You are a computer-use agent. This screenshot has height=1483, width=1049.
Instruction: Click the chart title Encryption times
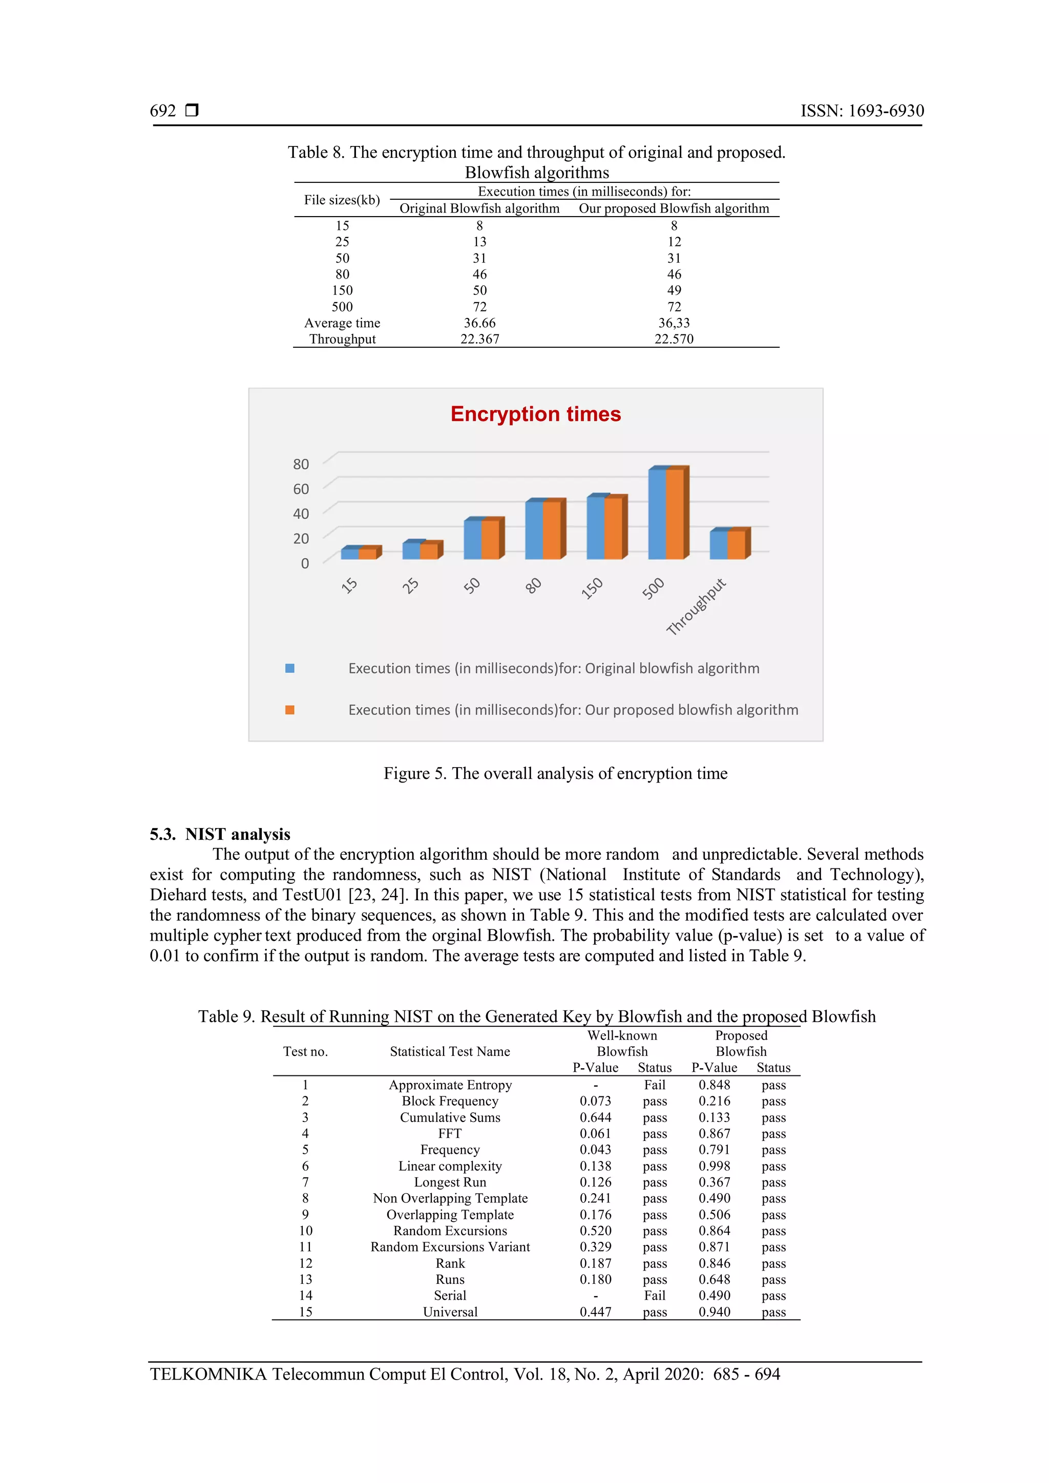tap(535, 414)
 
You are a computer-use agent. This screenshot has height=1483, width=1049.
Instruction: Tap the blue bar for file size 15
tap(349, 554)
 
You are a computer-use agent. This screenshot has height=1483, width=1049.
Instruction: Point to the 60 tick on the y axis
tap(301, 489)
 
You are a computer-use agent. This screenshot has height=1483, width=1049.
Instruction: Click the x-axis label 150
tap(592, 588)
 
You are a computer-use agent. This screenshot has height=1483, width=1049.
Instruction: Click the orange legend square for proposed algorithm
tap(290, 710)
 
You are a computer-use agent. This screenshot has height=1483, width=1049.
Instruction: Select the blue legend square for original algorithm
tap(290, 668)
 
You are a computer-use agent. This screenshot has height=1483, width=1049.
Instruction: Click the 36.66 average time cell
tap(479, 323)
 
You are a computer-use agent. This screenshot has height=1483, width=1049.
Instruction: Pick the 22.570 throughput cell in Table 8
tap(674, 339)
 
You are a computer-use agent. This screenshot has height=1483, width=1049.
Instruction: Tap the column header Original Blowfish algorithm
tap(479, 208)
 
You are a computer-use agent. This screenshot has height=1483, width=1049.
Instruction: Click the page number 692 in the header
tap(163, 111)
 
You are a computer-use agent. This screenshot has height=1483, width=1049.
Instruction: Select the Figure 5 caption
tap(556, 773)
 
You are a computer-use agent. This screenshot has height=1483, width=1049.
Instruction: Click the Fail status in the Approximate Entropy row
tap(654, 1085)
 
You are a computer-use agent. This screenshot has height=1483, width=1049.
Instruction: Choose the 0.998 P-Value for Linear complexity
tap(715, 1166)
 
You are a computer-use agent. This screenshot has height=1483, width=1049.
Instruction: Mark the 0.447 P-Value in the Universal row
tap(595, 1312)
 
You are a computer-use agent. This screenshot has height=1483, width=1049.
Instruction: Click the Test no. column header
tap(305, 1051)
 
